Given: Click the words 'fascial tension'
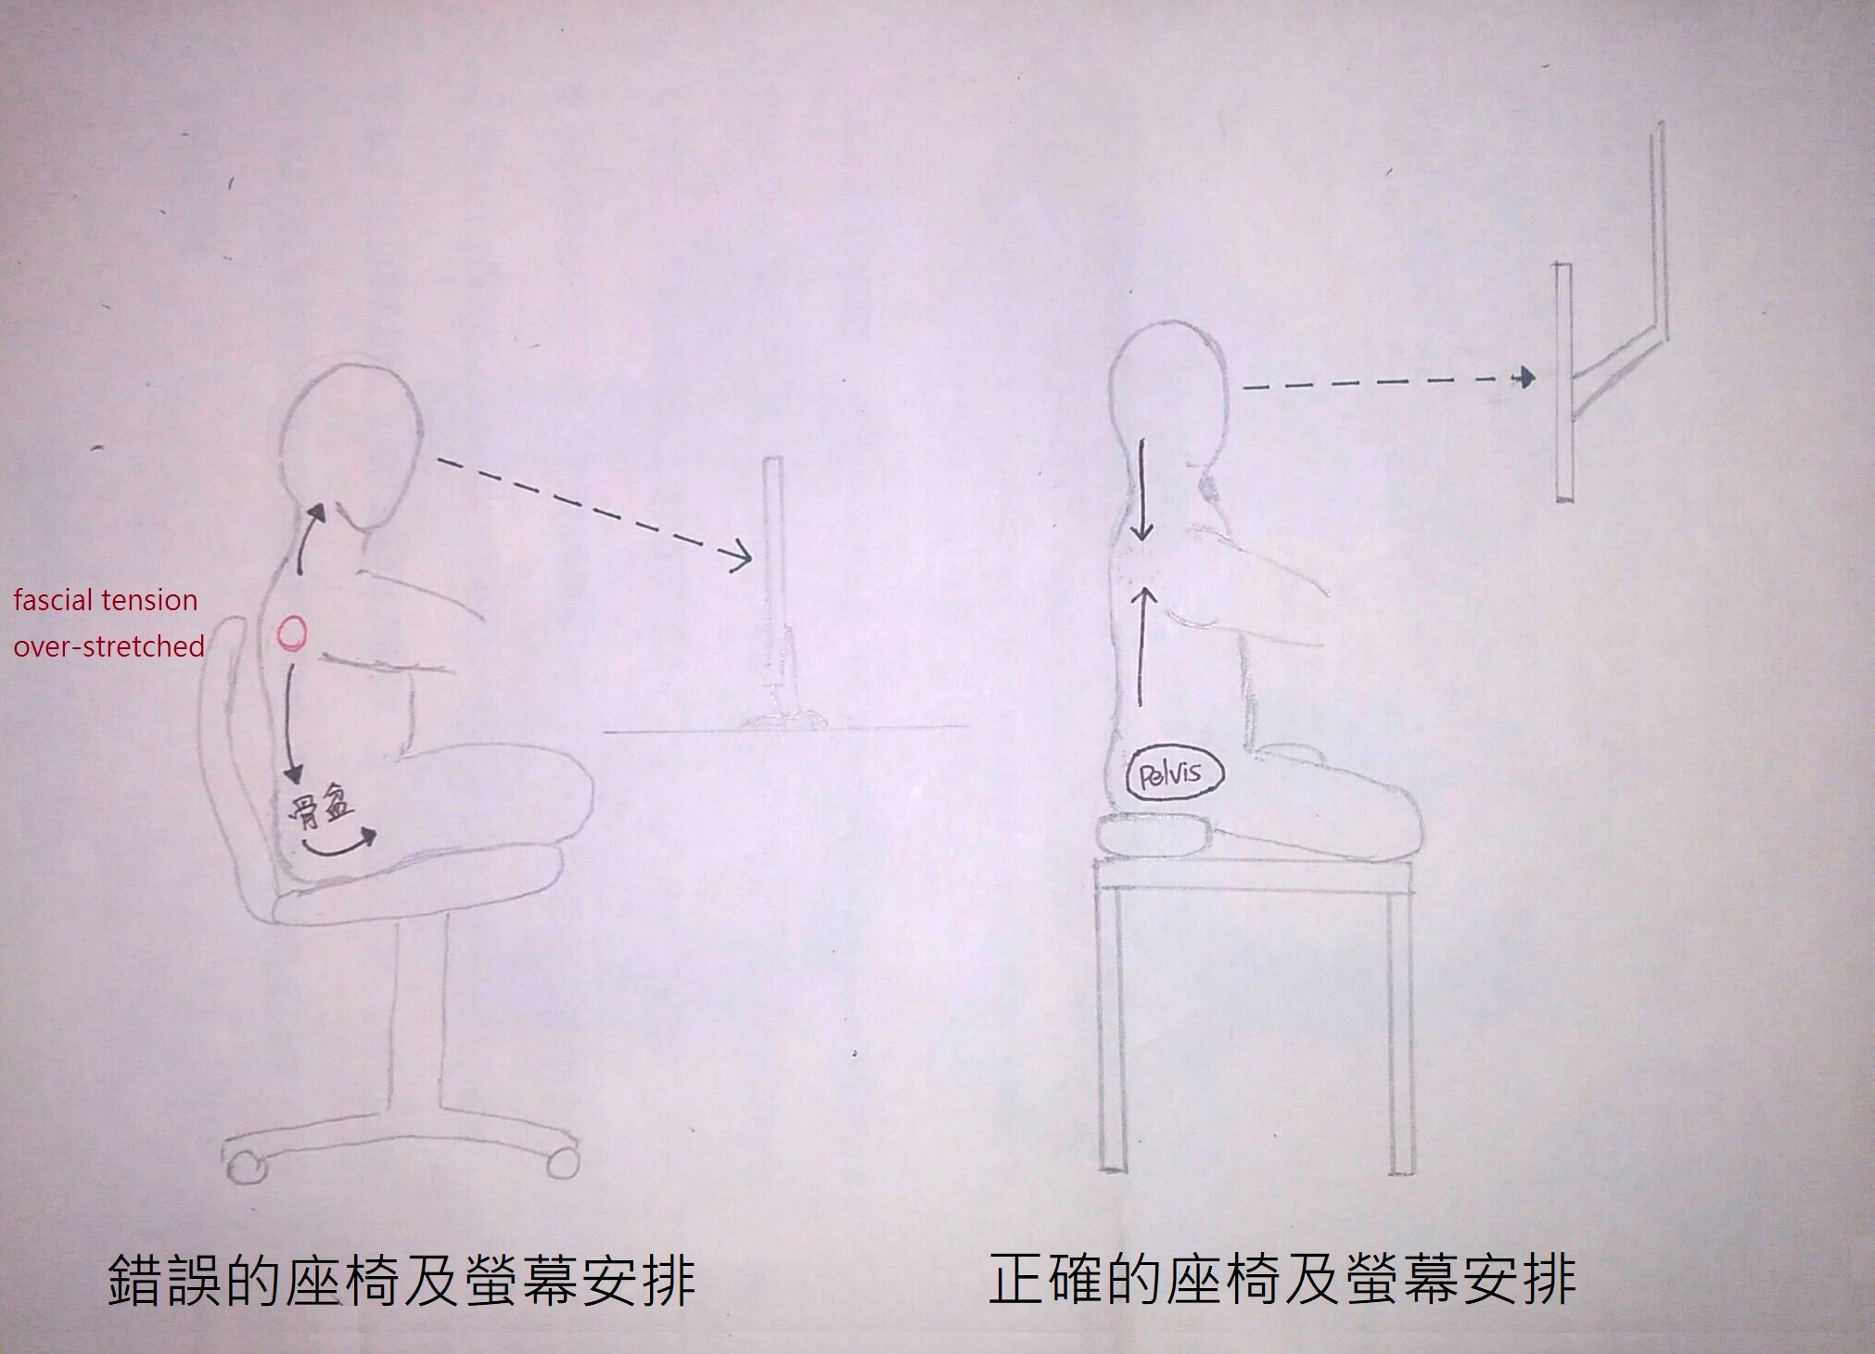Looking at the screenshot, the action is pos(105,600).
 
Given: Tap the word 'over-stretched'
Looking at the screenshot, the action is pos(108,645).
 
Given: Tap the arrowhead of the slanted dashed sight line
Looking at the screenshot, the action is pos(740,557).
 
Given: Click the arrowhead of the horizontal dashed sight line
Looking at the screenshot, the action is pos(1523,377).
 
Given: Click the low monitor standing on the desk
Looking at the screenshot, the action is pos(774,594).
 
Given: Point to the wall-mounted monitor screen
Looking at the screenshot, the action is pos(1563,382).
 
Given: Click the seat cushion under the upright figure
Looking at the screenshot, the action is pos(1152,833).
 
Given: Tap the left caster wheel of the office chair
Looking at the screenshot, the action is pos(245,1166).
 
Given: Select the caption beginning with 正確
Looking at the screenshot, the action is pos(1282,1279).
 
